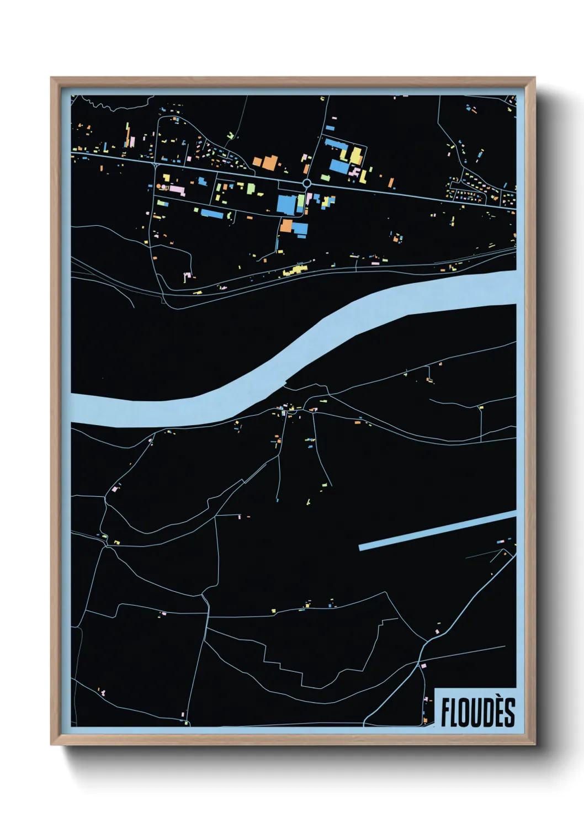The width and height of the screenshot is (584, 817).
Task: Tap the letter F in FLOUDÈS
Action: (x=445, y=712)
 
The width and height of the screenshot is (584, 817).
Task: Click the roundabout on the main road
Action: (x=307, y=183)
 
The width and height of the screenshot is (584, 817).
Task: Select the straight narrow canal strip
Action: (x=436, y=530)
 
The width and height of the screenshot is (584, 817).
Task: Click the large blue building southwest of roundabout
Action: (x=286, y=204)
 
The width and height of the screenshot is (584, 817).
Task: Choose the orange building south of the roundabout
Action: (x=286, y=225)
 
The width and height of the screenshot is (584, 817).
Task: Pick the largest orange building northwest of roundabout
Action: (x=269, y=161)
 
